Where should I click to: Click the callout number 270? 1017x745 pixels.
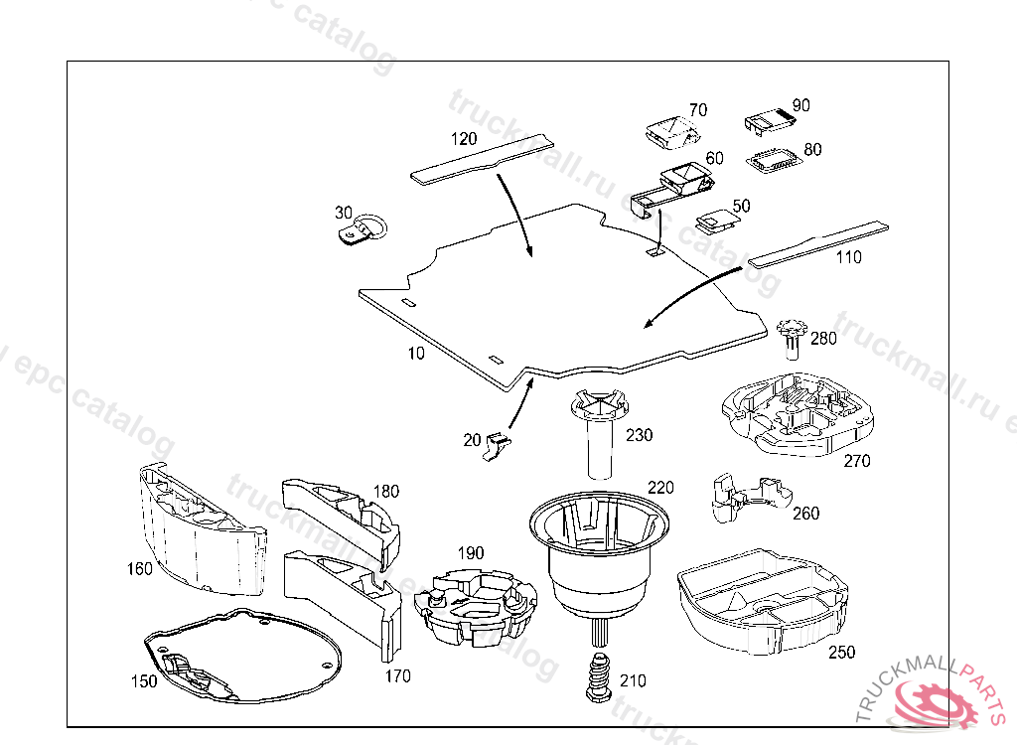[856, 461]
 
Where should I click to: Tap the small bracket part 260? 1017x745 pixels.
[740, 497]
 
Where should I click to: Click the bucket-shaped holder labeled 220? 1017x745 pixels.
[595, 556]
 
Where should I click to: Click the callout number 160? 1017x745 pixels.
[140, 569]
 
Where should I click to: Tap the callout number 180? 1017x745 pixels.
[386, 491]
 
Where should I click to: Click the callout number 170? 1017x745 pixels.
[398, 676]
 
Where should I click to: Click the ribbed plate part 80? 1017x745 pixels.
[775, 161]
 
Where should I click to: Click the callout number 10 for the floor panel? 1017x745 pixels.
[414, 353]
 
